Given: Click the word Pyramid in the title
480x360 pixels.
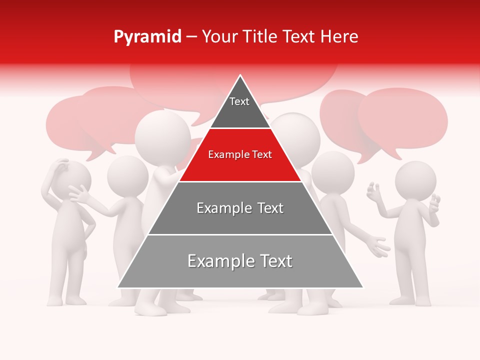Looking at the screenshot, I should coord(147,37).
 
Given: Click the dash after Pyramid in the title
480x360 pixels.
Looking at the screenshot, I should coord(191,37).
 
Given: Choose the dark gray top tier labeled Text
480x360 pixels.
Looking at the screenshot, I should coord(239,107).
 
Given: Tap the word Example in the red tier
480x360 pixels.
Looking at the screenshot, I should coord(225,155).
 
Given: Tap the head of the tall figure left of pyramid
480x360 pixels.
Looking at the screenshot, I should coord(162,135).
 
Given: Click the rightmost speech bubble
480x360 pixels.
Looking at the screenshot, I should coord(403,117).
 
